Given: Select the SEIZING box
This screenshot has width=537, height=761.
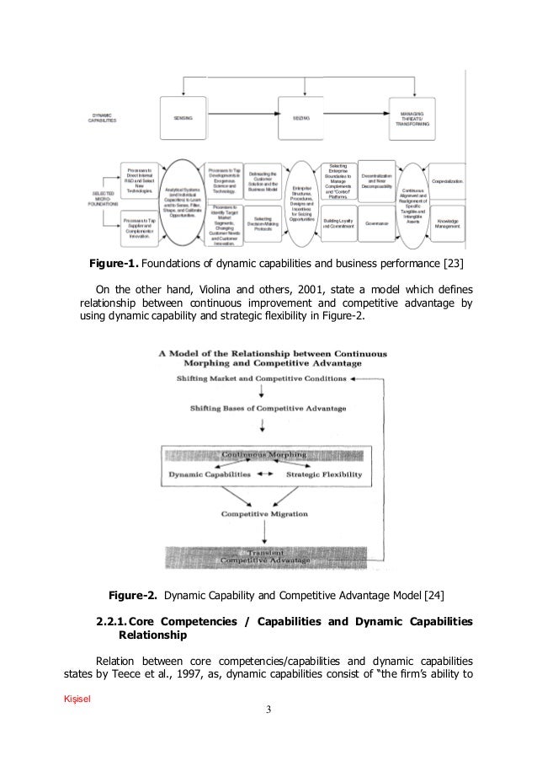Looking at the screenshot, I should tap(301, 119).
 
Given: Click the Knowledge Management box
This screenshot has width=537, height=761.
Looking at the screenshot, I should tap(448, 223).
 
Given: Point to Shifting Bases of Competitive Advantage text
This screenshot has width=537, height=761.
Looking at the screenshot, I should tap(268, 409).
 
